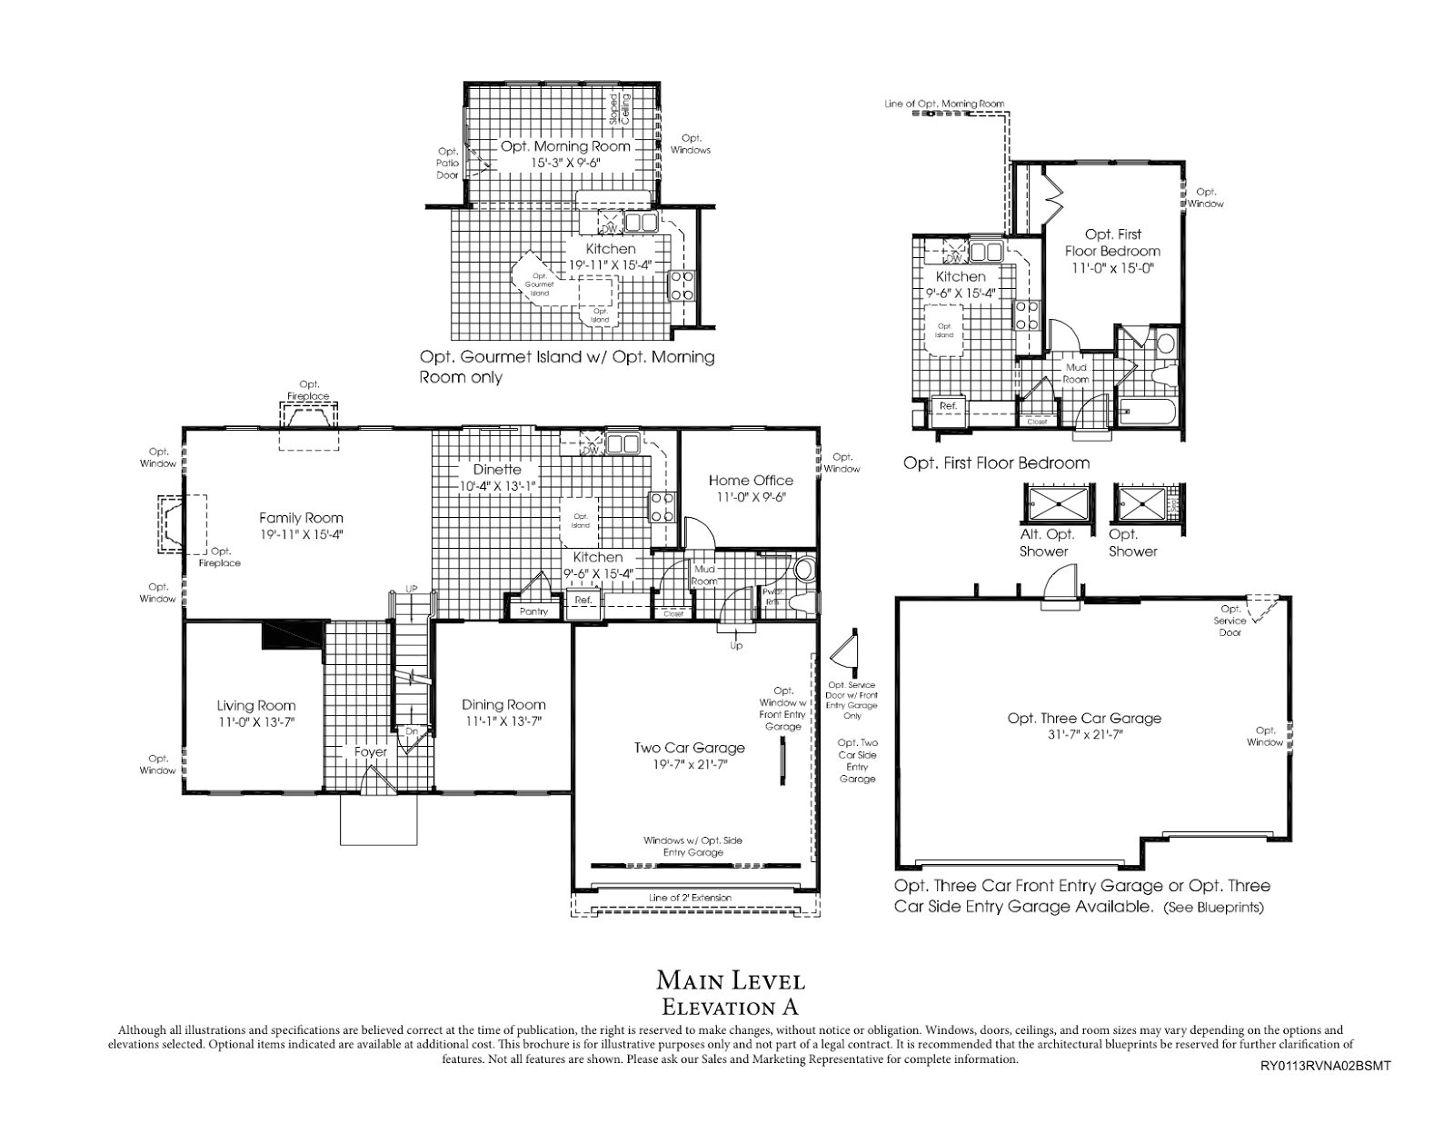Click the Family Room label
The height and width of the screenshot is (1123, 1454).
[x=301, y=518]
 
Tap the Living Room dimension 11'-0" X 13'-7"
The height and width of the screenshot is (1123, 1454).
[x=255, y=722]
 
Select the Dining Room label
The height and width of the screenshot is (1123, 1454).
[x=503, y=704]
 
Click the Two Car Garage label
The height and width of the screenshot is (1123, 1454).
[x=689, y=748]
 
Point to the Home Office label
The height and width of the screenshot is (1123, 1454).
[x=751, y=481]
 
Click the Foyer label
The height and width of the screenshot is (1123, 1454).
[x=371, y=752]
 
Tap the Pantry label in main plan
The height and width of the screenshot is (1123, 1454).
[x=533, y=611]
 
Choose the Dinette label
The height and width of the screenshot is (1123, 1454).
[x=497, y=470]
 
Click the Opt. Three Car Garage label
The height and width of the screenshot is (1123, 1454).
[x=1083, y=718]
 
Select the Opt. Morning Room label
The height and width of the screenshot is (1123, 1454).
[x=565, y=146]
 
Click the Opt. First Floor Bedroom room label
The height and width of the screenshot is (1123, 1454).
[x=1113, y=243]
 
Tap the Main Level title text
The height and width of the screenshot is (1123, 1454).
[x=731, y=980]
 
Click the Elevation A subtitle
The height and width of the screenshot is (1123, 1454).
[x=731, y=1007]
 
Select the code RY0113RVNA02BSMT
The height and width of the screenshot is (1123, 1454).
[x=1326, y=1066]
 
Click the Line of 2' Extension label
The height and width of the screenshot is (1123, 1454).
[x=690, y=898]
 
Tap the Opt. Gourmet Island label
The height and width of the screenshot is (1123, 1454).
[x=539, y=283]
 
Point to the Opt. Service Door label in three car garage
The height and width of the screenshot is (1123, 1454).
[x=1230, y=621]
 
